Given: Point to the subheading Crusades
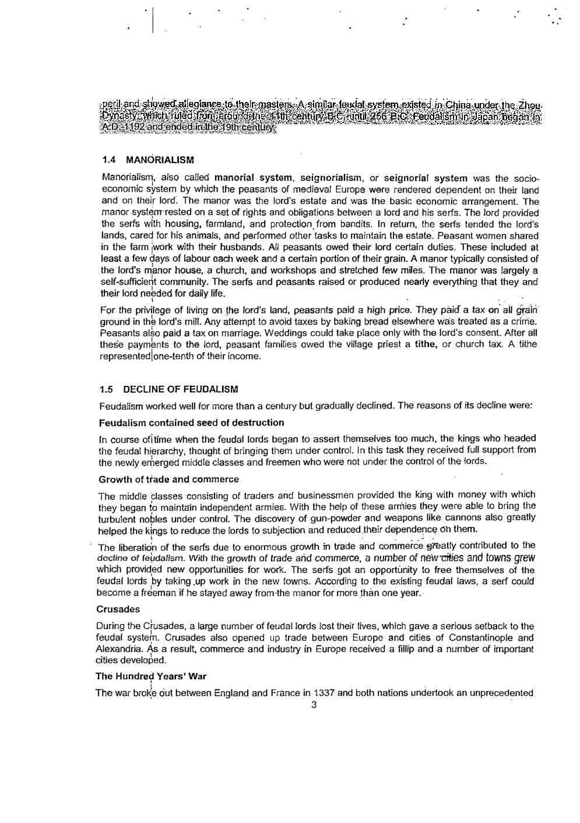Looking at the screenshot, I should (118, 609).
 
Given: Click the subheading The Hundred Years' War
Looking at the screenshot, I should (150, 677).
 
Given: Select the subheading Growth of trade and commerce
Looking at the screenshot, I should (168, 480).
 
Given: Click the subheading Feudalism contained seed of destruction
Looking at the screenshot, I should (191, 423).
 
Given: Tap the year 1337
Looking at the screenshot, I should (325, 693).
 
